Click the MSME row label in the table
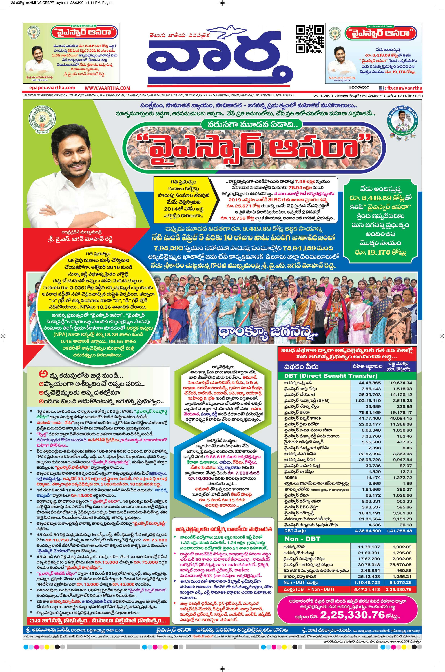291,478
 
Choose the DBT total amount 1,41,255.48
399,531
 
